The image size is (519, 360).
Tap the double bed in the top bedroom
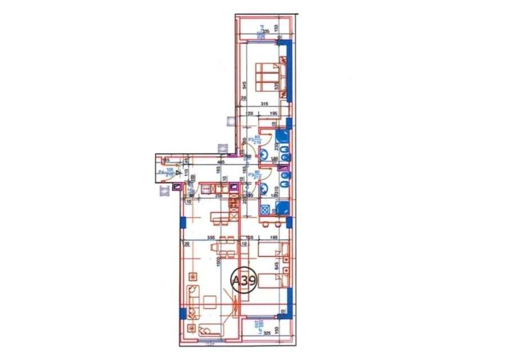click(x=267, y=74)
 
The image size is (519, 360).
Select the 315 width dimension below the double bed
click(x=263, y=104)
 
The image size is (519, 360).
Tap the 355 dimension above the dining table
click(x=212, y=237)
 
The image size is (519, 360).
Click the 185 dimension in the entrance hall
click(x=165, y=161)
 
